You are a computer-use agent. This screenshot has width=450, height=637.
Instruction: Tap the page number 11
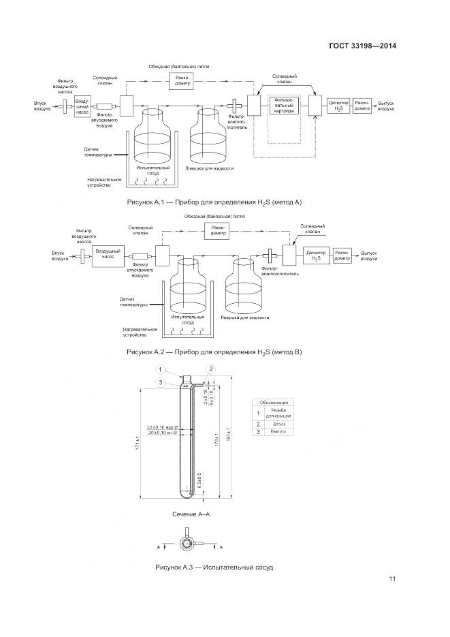point(392,579)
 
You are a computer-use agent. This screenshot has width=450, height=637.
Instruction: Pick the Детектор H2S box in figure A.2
point(317,255)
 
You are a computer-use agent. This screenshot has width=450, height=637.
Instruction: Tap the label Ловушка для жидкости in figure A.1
point(209,168)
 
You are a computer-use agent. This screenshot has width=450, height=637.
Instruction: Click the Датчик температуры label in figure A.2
point(133,302)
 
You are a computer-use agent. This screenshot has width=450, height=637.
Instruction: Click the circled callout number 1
point(162,370)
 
